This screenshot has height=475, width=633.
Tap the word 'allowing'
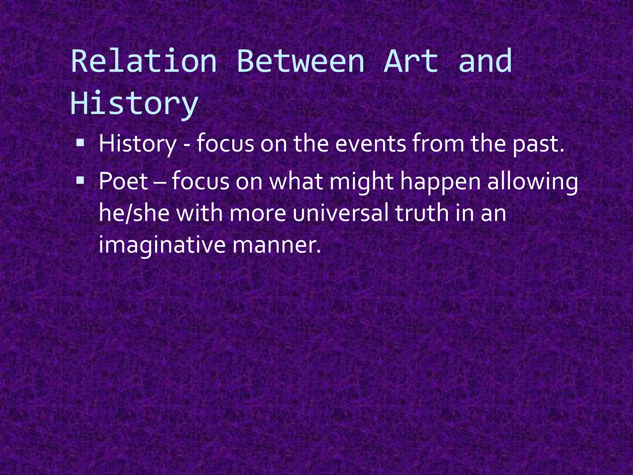click(533, 182)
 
